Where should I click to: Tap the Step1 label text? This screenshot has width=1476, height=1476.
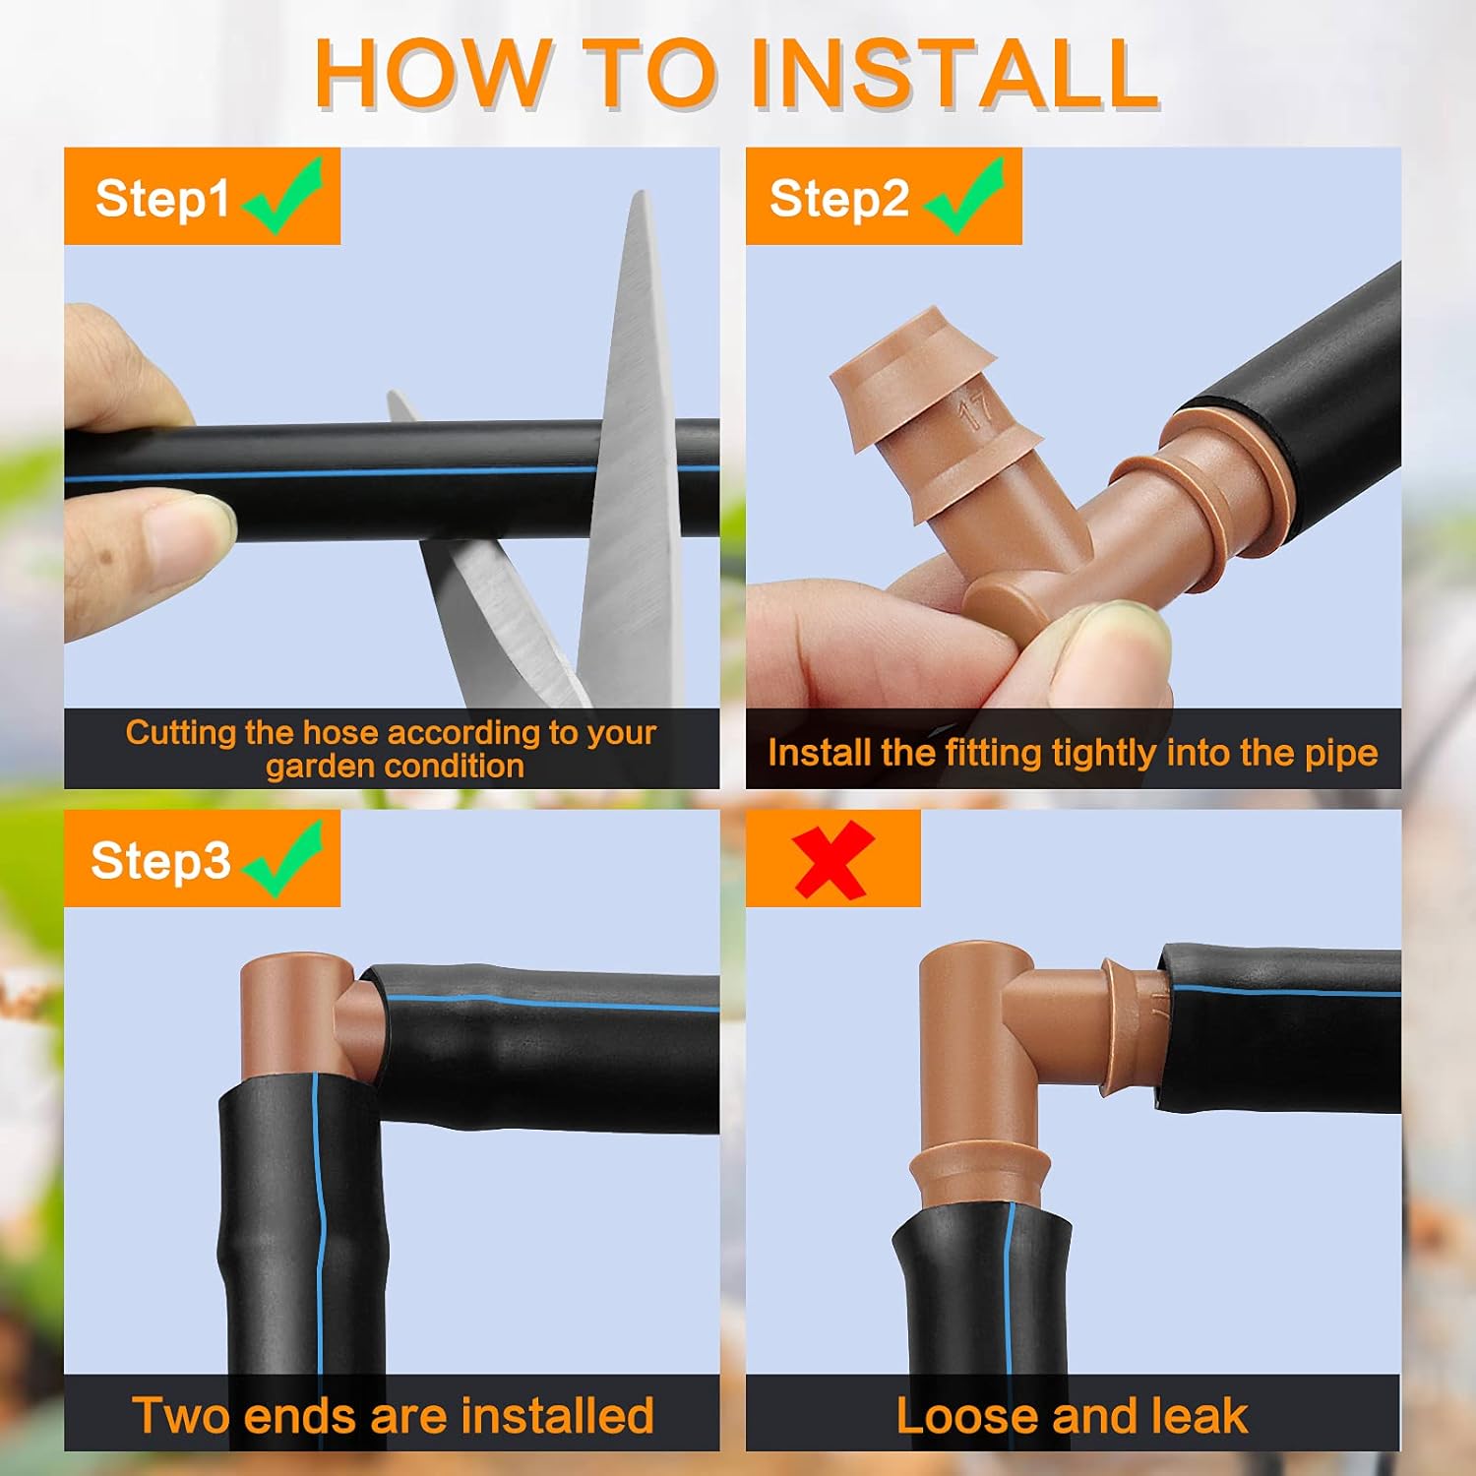coord(161,199)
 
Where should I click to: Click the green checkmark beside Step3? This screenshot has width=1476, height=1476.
coord(285,858)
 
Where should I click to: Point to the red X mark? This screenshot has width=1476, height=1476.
coord(832,859)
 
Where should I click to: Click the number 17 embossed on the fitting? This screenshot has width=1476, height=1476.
coord(976,410)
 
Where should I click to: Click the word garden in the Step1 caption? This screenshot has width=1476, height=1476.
coord(314,767)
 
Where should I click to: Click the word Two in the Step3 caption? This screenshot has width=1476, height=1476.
coord(181,1416)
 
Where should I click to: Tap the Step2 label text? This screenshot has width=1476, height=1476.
coord(837,199)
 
